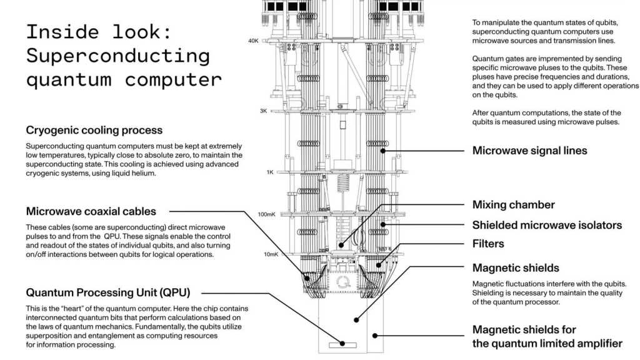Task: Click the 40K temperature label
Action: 253,41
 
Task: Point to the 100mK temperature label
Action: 266,214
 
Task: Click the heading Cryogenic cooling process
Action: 94,131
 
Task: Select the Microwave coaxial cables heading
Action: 91,211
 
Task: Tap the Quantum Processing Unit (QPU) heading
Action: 107,292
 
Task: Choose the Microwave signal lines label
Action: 529,151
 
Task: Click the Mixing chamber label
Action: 513,205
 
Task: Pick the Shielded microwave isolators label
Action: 547,225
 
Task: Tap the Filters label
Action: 488,244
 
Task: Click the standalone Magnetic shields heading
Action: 516,268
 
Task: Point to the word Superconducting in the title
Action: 117,56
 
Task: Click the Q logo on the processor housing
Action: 342,282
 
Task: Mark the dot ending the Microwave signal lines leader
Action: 382,151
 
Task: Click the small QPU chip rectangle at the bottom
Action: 341,343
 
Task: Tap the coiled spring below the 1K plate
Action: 341,184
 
